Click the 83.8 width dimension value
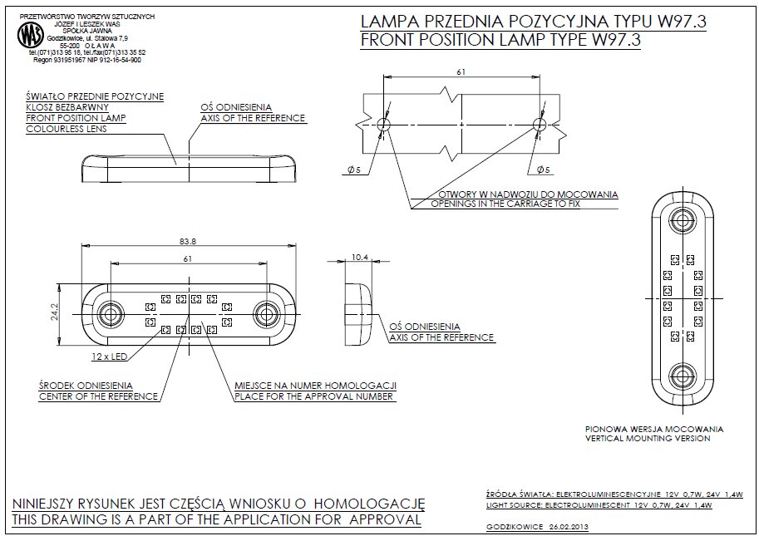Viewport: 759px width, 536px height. [x=187, y=241]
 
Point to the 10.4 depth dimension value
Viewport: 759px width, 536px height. [x=359, y=258]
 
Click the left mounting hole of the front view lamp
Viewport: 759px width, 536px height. [x=109, y=315]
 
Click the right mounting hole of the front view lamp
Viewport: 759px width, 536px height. [x=267, y=315]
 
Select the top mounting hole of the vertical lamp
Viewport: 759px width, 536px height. [x=684, y=221]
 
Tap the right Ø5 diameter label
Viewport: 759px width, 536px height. [x=545, y=170]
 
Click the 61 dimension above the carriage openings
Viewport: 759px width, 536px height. [x=461, y=72]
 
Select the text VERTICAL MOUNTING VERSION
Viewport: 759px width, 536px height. [x=648, y=438]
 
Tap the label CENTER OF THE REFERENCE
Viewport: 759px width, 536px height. [x=98, y=396]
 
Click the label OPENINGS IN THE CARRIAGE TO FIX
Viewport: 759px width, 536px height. [x=505, y=204]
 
